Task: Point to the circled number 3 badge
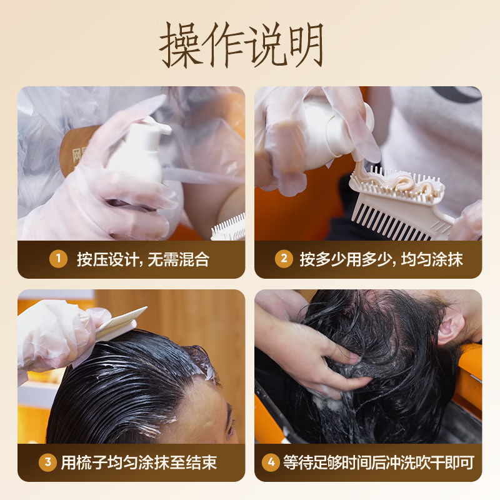click(47, 463)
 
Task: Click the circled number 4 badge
click(270, 463)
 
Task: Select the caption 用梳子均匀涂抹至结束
click(139, 463)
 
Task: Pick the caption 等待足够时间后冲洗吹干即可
click(379, 463)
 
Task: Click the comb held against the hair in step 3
click(122, 325)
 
